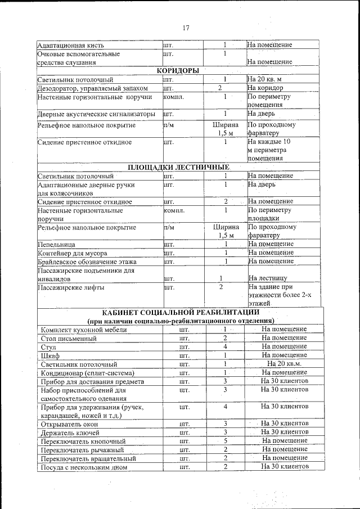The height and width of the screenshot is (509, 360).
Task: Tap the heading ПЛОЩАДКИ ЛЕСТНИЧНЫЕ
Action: point(178,167)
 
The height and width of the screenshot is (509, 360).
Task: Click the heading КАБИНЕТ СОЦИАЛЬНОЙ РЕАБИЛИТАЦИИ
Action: point(181,312)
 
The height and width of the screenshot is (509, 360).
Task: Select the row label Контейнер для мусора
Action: point(69,253)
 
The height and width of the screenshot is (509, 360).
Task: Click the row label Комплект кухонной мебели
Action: point(84,330)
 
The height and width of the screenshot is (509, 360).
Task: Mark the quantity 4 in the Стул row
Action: point(224,347)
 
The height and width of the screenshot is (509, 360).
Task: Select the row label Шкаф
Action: point(50,356)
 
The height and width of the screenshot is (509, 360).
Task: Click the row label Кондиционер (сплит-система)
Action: point(88,373)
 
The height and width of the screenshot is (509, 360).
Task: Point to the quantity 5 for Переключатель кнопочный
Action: point(224,441)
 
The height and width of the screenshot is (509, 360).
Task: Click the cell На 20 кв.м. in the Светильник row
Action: point(284,364)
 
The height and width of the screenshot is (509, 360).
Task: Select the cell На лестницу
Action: point(268,278)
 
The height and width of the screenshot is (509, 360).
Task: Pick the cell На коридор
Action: point(267,88)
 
